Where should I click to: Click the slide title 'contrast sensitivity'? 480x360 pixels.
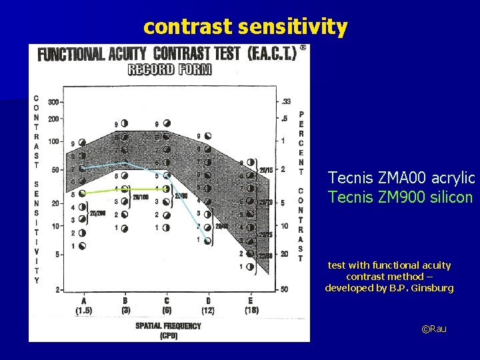tap(245, 27)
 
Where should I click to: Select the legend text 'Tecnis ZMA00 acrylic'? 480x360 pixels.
tap(401, 178)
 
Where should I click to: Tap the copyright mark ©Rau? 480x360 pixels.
tap(434, 329)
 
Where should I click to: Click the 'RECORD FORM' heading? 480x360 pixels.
tap(169, 69)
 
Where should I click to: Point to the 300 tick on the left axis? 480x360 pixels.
tap(52, 102)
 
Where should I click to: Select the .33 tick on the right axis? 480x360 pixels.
tap(285, 101)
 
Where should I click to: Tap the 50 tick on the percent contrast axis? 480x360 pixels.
tap(285, 289)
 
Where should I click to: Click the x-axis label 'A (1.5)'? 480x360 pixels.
tap(83, 305)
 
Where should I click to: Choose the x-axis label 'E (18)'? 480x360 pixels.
tap(251, 305)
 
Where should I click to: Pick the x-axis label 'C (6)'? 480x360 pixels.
tap(167, 305)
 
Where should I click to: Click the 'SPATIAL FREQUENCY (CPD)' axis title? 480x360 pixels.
tap(168, 330)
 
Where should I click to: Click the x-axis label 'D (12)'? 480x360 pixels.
tap(208, 305)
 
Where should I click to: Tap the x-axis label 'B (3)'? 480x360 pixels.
tap(125, 305)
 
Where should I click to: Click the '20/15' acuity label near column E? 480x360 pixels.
tap(266, 170)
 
